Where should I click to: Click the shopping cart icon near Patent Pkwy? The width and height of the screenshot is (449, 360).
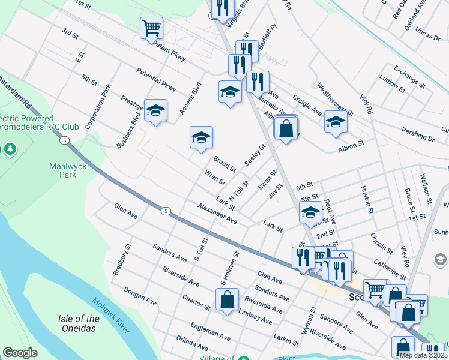152,27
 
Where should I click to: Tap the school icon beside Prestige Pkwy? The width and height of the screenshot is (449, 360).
155,110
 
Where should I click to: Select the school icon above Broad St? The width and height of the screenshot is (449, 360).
202,137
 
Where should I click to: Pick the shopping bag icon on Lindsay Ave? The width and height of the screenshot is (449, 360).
227,299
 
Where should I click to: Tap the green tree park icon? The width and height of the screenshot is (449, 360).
10,148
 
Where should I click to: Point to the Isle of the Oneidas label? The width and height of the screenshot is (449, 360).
79,323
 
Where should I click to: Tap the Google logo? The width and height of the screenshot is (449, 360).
20,353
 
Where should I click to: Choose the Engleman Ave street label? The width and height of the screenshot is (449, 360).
206,331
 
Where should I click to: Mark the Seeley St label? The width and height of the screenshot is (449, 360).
255,155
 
